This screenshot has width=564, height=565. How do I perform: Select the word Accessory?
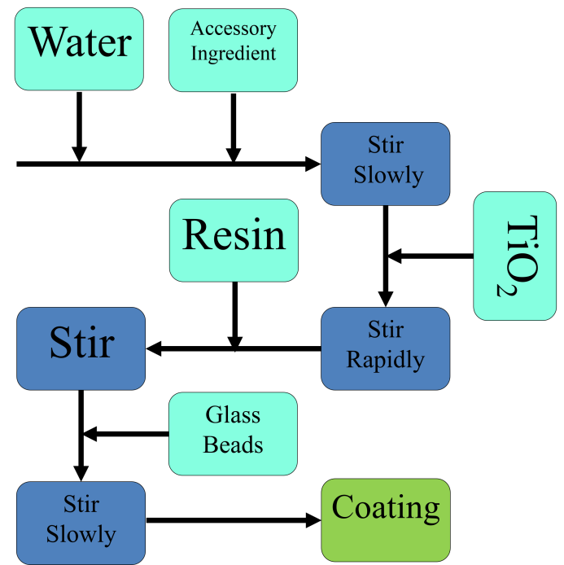[x=234, y=28]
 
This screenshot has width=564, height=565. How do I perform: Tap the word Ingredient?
[x=234, y=54]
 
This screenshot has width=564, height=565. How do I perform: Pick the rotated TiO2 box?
[x=515, y=256]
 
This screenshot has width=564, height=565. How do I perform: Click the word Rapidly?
[x=386, y=359]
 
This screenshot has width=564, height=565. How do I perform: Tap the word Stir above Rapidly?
[x=386, y=330]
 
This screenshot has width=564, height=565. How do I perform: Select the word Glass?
[x=233, y=415]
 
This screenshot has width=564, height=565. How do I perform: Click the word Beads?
[x=233, y=445]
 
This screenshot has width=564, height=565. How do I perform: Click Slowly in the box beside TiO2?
[x=388, y=175]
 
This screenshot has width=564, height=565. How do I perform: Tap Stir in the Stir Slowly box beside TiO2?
[x=386, y=146]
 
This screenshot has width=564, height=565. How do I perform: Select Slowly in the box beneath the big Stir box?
[x=81, y=534]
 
